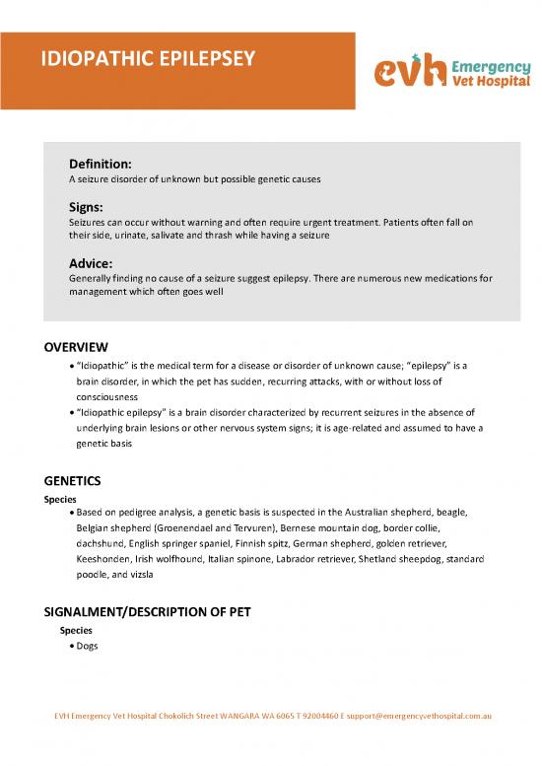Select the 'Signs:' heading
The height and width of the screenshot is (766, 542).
pyautogui.click(x=88, y=208)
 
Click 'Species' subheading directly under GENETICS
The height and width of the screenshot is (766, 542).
pyautogui.click(x=60, y=498)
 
